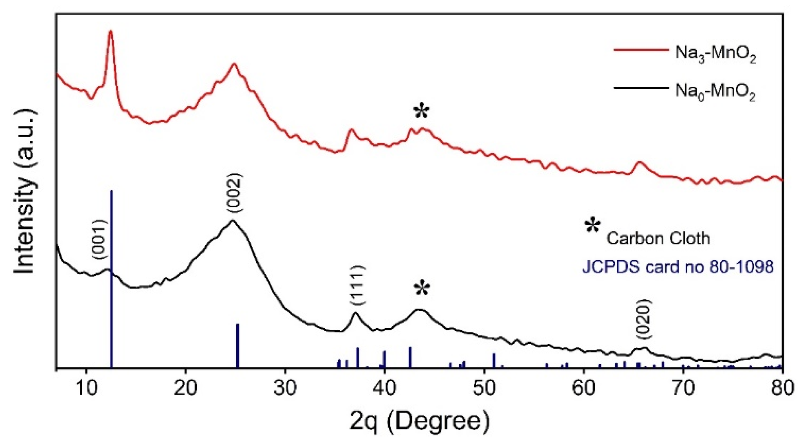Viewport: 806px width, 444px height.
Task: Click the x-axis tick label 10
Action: point(85,388)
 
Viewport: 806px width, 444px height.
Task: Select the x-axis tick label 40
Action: point(384,388)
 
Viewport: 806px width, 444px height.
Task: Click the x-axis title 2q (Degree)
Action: point(419,422)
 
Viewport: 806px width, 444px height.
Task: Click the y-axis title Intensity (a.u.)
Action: point(25,191)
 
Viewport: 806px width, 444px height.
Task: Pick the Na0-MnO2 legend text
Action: point(715,92)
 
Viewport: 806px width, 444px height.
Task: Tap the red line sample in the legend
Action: point(641,50)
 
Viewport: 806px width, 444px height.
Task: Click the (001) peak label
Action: point(99,240)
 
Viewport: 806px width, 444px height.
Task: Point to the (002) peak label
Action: point(234,193)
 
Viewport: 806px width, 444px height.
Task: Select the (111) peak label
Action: point(357,285)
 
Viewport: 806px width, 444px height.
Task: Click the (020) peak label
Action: point(643,320)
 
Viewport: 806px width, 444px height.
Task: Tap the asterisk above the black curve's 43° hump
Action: point(422,289)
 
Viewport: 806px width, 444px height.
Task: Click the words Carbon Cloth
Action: point(658,238)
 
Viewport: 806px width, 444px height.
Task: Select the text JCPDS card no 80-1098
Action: point(677,267)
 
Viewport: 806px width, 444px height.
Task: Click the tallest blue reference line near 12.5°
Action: point(111,274)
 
